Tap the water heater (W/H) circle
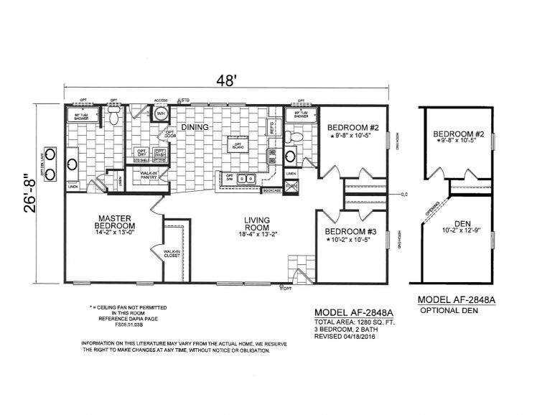(162, 114)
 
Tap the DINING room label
(195, 128)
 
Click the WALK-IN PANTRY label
(148, 174)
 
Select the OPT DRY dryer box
(141, 152)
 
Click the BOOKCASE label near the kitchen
(271, 191)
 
